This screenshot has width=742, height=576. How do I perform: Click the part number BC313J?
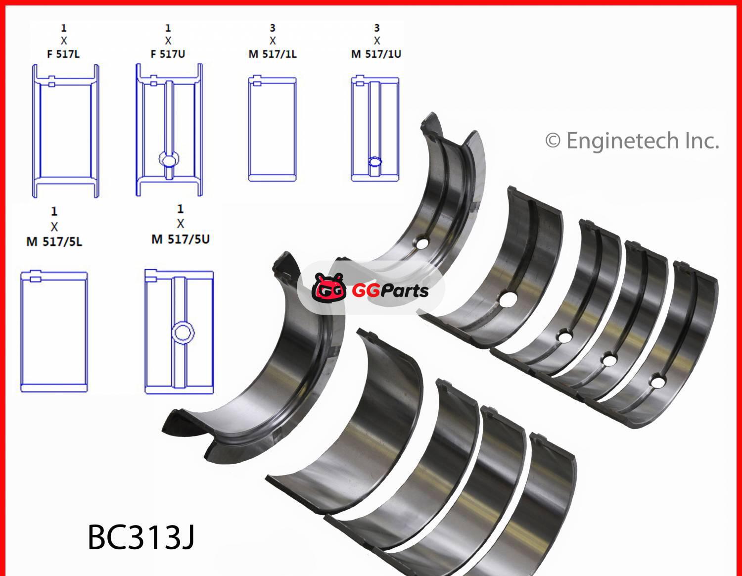141,537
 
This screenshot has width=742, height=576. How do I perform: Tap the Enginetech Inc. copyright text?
632,141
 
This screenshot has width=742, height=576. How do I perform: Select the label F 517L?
63,54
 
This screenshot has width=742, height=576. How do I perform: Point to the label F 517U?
168,54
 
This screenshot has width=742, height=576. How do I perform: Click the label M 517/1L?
273,54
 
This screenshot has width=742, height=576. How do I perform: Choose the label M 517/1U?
376,54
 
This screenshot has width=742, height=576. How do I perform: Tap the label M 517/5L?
54,242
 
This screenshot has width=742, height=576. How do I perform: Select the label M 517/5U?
180,239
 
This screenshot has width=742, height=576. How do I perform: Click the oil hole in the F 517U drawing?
169,159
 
